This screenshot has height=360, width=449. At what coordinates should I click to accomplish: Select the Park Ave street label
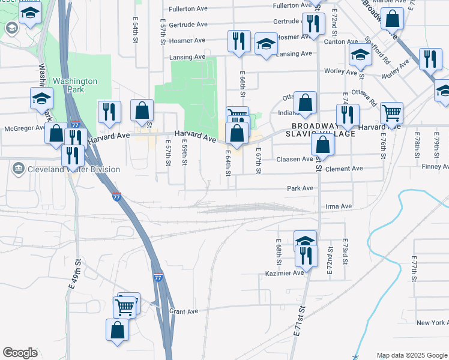[300, 188]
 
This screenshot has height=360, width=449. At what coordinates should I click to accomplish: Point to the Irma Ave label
[339, 206]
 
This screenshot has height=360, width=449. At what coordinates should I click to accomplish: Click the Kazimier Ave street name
[285, 274]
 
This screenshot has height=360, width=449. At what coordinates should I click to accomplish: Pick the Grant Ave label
[184, 311]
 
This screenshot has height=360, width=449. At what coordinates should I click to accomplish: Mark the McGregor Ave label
[24, 127]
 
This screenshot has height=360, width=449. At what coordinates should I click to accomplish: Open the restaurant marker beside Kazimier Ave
[307, 256]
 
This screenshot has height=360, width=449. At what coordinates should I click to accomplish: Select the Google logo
[20, 353]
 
